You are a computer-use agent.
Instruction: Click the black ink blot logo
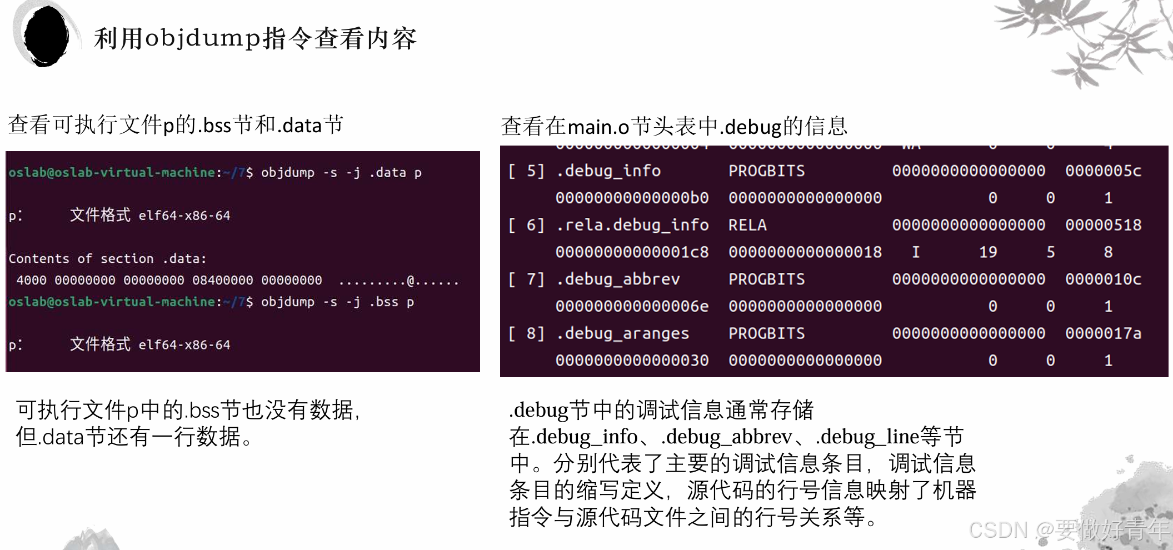(46, 36)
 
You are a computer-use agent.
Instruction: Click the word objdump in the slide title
(202, 38)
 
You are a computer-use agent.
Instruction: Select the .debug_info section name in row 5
(608, 171)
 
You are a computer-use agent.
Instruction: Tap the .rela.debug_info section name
(632, 225)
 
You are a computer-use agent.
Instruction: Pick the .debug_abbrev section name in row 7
(618, 279)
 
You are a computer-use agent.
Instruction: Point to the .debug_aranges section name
(622, 333)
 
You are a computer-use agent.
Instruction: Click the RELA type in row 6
(747, 225)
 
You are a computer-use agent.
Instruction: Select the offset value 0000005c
(1103, 171)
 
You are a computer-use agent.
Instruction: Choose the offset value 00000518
(1103, 225)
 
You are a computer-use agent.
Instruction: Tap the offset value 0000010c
(1103, 279)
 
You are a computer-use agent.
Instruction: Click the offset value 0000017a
(1103, 333)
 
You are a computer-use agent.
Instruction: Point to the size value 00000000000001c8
(632, 252)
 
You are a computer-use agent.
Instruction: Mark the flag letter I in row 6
(916, 252)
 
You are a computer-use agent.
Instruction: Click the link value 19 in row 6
(988, 252)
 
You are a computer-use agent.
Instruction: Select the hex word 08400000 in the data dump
(222, 281)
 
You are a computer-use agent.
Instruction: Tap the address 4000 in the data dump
(31, 281)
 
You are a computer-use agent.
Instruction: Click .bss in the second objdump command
(384, 302)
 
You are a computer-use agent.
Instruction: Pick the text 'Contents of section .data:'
(107, 259)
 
